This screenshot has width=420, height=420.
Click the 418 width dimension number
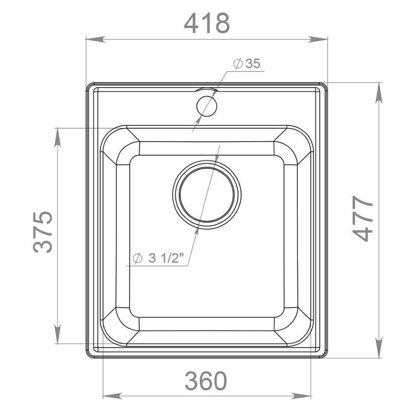click(207, 23)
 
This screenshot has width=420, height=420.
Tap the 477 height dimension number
click(363, 218)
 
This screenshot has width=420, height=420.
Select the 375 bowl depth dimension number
click(43, 232)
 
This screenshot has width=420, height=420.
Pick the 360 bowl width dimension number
click(206, 381)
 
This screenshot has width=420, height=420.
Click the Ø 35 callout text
click(247, 64)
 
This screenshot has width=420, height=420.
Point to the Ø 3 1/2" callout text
click(158, 258)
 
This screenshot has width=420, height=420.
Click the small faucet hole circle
click(206, 106)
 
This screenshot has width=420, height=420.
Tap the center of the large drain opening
click(207, 195)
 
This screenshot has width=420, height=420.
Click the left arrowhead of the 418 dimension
click(94, 39)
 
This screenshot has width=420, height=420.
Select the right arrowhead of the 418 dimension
click(318, 39)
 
